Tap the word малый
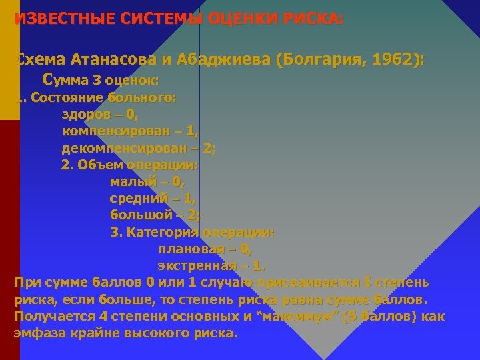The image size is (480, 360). [132, 181]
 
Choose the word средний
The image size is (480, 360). [138, 198]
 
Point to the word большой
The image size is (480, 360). [141, 215]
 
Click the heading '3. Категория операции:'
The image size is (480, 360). [192, 232]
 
